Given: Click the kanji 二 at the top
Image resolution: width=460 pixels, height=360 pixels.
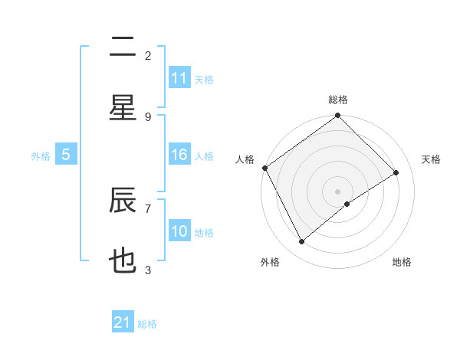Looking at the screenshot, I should [123, 48].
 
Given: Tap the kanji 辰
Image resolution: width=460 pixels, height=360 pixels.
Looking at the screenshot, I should [123, 201].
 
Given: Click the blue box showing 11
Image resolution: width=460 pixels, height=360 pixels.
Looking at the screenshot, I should [179, 78].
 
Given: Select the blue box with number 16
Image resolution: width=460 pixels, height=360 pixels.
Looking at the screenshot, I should [179, 155].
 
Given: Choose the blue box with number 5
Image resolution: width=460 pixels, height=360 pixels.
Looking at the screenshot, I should [66, 155].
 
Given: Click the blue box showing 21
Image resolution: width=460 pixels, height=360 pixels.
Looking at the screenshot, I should [123, 322].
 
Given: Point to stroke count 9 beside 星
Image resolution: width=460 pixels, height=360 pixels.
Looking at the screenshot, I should [148, 116].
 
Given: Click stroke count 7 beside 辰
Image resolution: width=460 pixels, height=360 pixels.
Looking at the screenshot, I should [148, 208].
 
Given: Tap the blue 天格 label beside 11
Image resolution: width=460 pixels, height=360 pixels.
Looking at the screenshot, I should [204, 79].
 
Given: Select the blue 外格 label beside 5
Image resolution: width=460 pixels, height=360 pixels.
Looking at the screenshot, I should [41, 156].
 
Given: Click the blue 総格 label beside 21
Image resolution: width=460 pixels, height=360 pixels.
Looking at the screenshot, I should [147, 323].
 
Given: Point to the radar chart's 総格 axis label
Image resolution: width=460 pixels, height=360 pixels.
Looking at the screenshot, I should [338, 100].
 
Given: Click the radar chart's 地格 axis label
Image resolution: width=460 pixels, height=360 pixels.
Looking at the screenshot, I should [402, 262].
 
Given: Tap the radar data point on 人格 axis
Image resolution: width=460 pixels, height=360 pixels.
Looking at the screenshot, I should [264, 168].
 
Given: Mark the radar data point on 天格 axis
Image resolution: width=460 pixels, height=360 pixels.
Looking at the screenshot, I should [396, 173].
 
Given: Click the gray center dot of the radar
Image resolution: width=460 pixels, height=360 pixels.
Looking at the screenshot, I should [338, 191].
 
